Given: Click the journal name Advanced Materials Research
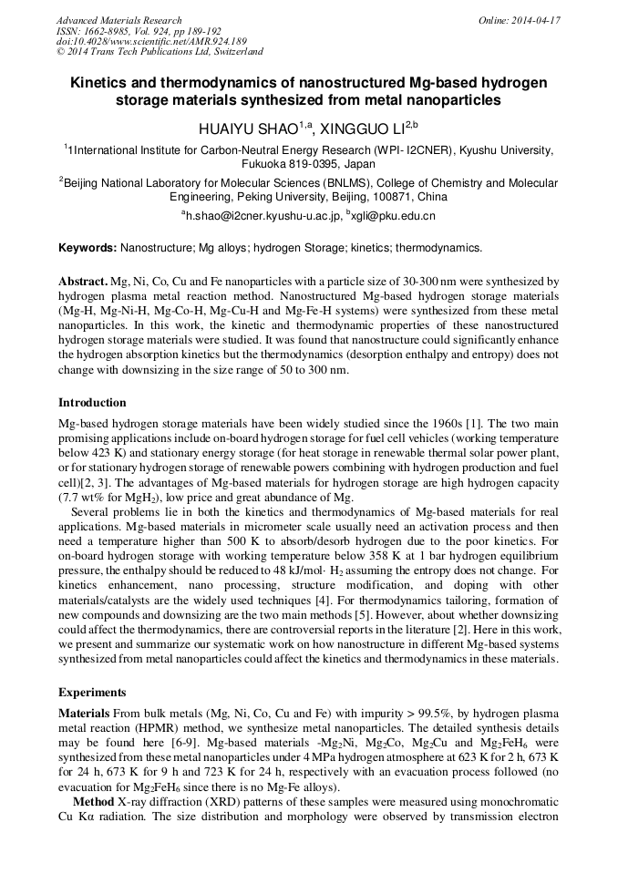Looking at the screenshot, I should [118, 20].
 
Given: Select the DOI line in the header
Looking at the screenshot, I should [151, 41].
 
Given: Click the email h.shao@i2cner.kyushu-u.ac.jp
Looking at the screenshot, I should [263, 216].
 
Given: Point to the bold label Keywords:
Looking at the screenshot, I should [88, 248].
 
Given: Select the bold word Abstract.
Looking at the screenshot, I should [84, 283].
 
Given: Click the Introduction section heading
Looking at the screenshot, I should [92, 403].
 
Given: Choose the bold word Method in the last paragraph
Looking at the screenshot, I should [93, 799].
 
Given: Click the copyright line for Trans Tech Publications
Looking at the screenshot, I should [160, 52].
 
